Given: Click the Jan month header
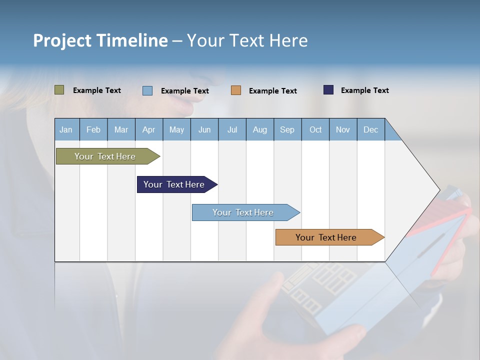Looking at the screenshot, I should (x=66, y=129).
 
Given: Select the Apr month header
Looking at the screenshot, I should (x=149, y=129).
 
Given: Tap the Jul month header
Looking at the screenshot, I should (x=232, y=129).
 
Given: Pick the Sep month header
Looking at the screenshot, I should (x=287, y=129).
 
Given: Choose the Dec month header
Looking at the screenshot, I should (x=370, y=129).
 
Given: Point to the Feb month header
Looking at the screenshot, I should (x=93, y=129).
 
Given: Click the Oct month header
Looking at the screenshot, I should (x=315, y=129).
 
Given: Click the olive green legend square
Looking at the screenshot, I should (x=59, y=90).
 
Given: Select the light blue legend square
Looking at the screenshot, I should (x=147, y=90).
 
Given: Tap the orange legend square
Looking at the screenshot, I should (x=236, y=90).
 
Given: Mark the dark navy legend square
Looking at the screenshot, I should (x=328, y=90).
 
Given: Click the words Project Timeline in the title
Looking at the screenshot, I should (x=100, y=40).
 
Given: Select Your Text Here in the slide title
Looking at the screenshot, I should (x=247, y=40).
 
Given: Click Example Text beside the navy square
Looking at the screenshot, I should (x=364, y=90).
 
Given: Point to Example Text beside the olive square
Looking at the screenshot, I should (x=96, y=90).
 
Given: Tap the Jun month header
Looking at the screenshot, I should (x=204, y=129).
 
